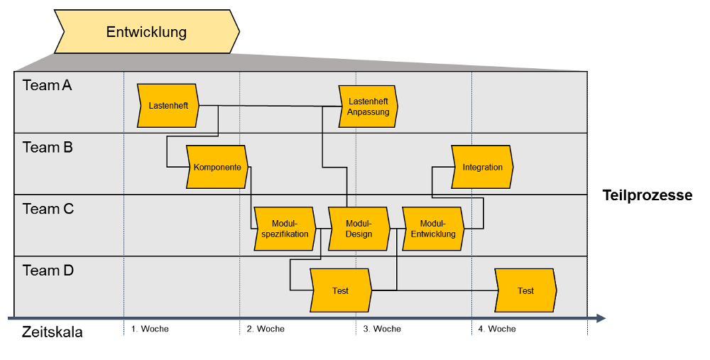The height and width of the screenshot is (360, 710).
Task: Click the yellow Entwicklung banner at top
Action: (x=147, y=32)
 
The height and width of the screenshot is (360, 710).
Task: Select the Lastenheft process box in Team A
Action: (x=168, y=106)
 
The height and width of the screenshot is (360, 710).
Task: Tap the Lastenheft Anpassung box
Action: (x=368, y=107)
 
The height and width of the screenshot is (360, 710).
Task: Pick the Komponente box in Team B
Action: (x=217, y=167)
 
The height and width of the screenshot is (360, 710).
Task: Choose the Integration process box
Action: (x=483, y=167)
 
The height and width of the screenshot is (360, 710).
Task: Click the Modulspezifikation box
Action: (x=285, y=229)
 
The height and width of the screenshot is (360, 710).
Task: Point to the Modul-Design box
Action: (x=359, y=229)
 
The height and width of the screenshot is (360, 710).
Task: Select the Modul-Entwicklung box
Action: (x=433, y=229)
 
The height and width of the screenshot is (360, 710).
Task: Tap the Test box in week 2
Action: (x=341, y=290)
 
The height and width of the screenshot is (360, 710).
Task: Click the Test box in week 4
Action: (x=525, y=290)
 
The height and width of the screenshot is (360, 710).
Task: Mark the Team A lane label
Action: (x=47, y=85)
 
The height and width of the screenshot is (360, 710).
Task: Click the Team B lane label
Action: (x=48, y=147)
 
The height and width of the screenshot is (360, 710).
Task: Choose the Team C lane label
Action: (x=48, y=209)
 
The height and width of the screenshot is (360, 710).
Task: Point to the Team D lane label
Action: (x=48, y=271)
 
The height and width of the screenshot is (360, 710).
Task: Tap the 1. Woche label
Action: (x=150, y=329)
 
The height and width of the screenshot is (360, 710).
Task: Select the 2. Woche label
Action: (x=266, y=329)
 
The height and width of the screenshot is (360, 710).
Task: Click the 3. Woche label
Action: (x=382, y=329)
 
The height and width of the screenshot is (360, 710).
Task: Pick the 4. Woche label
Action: (x=497, y=329)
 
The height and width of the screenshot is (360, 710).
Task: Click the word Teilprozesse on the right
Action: (x=647, y=195)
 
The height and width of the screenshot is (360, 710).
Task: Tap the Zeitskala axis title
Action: (x=52, y=332)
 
